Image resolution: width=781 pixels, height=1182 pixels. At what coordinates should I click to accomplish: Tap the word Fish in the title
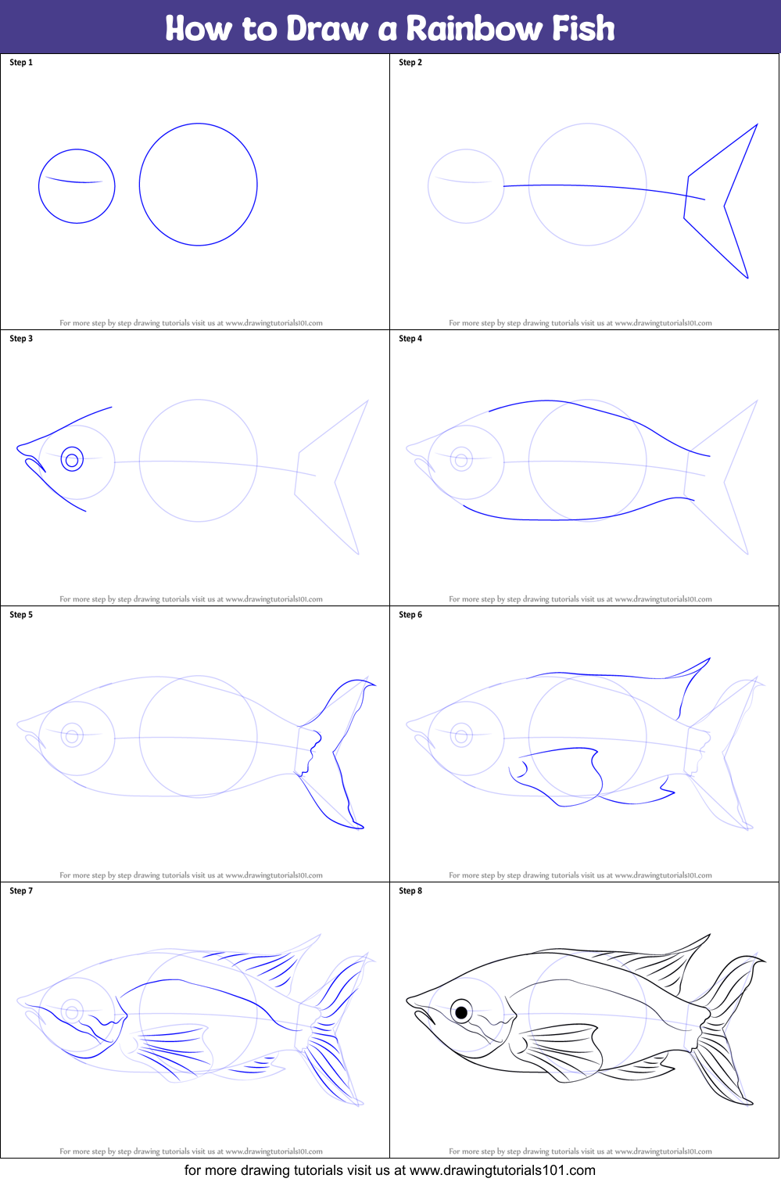pos(583,28)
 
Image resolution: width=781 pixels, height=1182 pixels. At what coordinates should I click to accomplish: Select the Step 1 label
pos(21,63)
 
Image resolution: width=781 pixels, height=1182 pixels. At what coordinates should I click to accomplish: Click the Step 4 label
pos(410,338)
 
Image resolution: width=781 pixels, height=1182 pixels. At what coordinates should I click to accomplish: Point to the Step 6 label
pos(410,614)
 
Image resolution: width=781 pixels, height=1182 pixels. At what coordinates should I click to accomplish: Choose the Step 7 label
pos(21,891)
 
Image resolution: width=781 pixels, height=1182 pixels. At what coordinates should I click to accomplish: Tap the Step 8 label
pos(410,891)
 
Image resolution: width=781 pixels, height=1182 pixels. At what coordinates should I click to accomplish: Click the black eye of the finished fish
pos(461,1012)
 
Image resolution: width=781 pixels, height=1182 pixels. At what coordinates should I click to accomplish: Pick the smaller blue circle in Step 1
pos(38,185)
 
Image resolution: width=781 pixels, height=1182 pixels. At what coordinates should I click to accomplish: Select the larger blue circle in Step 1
pos(139,184)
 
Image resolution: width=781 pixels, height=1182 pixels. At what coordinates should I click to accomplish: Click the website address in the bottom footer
pos(503,1170)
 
